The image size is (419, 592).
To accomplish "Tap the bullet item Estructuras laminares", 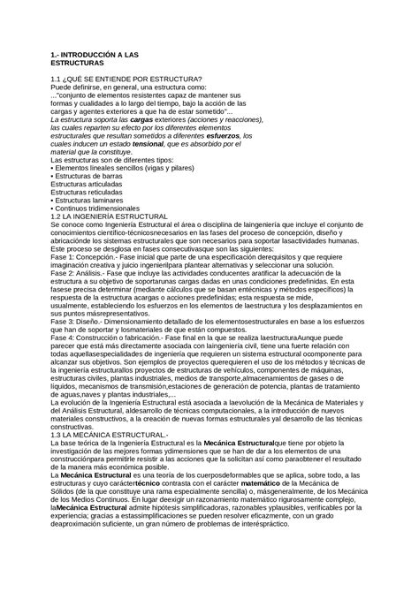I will pos(93,200).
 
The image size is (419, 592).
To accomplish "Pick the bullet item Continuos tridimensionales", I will pos(102,209).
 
